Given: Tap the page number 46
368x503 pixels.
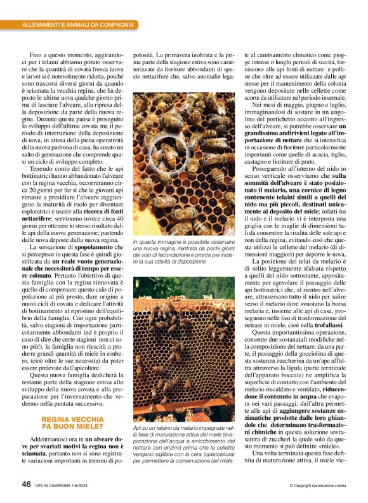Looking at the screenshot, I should click(x=26, y=485).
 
